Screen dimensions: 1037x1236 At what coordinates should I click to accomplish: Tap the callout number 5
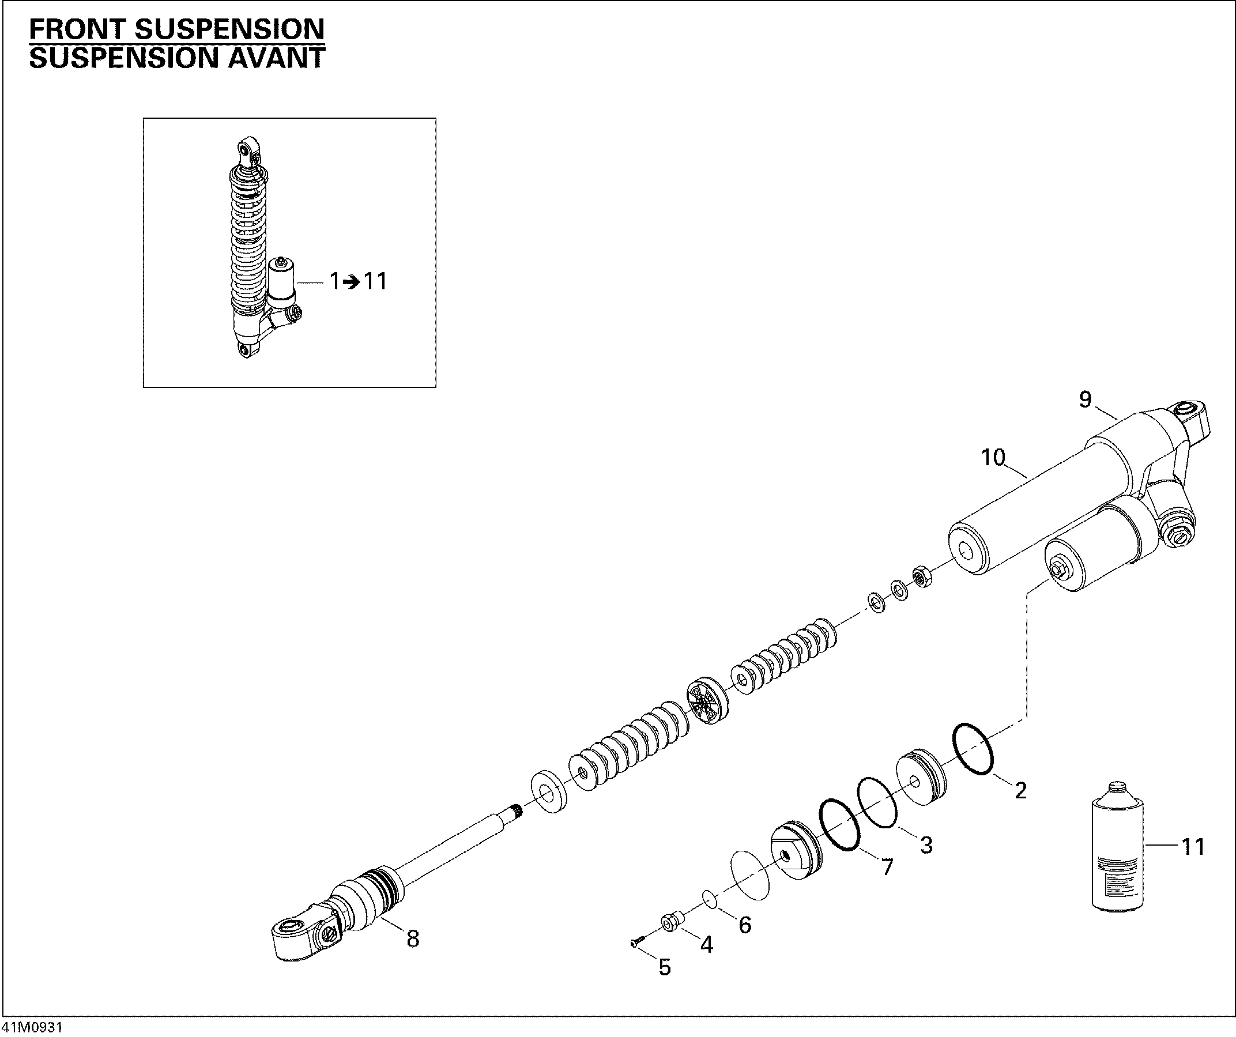pyautogui.click(x=664, y=967)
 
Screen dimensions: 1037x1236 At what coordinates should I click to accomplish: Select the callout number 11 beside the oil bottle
pyautogui.click(x=1192, y=847)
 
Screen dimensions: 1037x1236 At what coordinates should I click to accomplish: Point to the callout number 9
pyautogui.click(x=1085, y=399)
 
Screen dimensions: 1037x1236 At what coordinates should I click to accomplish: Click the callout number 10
pyautogui.click(x=993, y=457)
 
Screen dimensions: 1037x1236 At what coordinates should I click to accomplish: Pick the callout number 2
pyautogui.click(x=1020, y=790)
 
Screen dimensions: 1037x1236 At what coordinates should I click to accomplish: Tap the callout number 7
pyautogui.click(x=887, y=866)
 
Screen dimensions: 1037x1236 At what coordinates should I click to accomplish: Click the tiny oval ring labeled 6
pyautogui.click(x=709, y=899)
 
